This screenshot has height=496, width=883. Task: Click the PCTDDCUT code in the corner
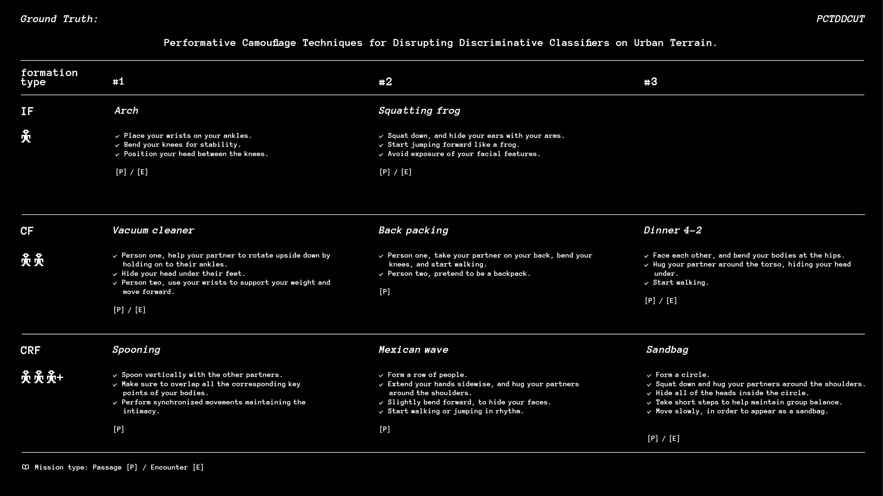pos(840,19)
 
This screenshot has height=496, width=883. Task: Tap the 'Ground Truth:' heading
pos(59,19)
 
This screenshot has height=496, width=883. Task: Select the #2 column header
pos(385,82)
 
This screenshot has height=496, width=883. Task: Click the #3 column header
pos(650,82)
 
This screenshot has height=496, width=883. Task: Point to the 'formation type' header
pos(49,77)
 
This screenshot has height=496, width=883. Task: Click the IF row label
pos(27,111)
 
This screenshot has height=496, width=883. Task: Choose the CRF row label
pos(30,350)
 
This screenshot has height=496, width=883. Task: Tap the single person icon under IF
pos(26,136)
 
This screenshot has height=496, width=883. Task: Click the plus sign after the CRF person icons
pos(60,377)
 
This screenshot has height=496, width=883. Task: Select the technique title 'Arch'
pos(126,110)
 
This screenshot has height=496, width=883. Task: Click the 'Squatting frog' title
pos(419,110)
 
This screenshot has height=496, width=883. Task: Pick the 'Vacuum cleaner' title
pos(153,230)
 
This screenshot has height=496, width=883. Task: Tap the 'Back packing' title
pos(414,230)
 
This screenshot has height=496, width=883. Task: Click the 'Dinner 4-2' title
pos(672,230)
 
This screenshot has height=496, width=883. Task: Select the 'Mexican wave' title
pos(414,350)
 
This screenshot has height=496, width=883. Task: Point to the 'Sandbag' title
pos(667,350)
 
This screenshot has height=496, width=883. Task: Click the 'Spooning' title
pos(136,350)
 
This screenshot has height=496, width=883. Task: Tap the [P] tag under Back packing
pos(385,292)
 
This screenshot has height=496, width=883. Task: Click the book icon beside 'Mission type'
pos(25,467)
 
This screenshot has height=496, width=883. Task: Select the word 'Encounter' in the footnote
pos(169,467)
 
